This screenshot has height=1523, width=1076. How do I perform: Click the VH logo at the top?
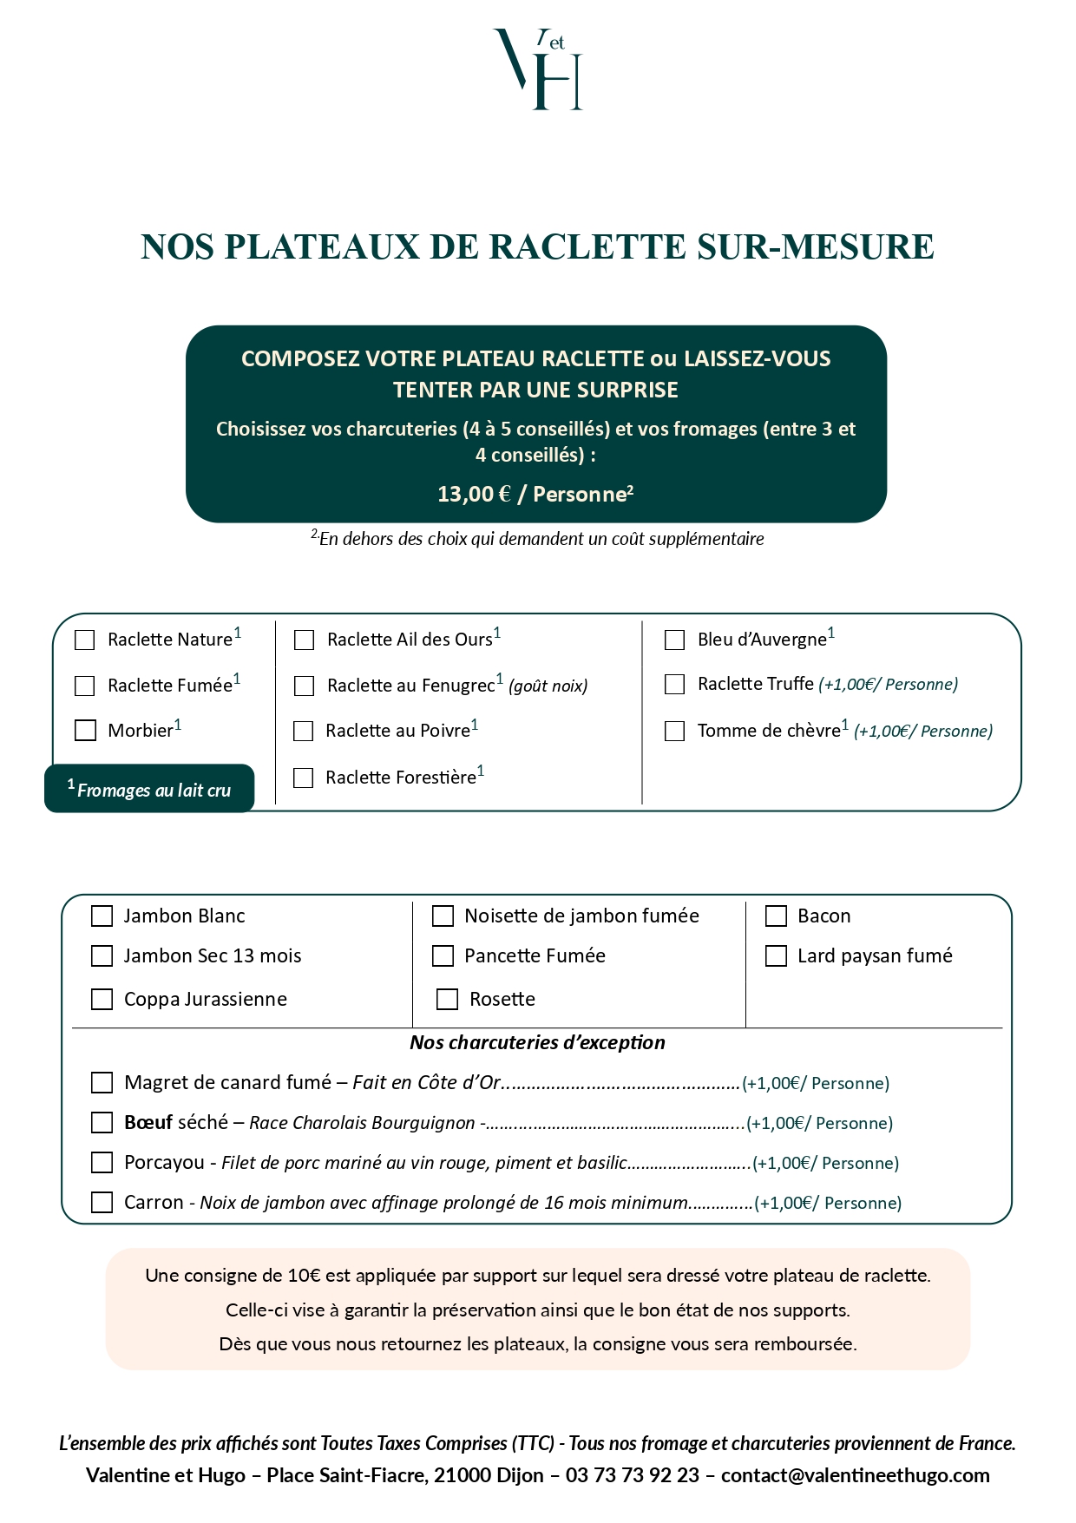(x=538, y=69)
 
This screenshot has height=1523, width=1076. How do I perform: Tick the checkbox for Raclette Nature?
(x=85, y=640)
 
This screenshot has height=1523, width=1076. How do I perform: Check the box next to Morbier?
(x=85, y=731)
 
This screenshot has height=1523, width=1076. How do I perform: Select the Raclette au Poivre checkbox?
(x=304, y=732)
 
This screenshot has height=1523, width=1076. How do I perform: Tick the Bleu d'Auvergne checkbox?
(x=674, y=640)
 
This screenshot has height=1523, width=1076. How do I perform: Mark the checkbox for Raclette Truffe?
(x=674, y=685)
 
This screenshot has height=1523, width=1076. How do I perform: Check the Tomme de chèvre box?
(x=674, y=732)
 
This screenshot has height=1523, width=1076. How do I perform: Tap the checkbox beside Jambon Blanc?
(x=102, y=916)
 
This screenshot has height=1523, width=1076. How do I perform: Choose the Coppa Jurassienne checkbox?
(x=102, y=1000)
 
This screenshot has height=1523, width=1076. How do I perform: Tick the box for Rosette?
(x=447, y=1000)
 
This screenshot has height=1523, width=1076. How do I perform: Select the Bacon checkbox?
(x=776, y=916)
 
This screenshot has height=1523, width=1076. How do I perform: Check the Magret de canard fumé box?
(x=102, y=1083)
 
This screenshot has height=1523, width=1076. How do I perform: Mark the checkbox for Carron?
(x=102, y=1203)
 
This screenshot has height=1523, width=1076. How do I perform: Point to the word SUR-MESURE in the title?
(x=816, y=247)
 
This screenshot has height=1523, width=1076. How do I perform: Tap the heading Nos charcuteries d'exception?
(x=537, y=1043)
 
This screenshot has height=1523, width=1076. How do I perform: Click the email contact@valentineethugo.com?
(x=855, y=1476)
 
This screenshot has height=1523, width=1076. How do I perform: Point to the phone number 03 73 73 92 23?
(x=632, y=1476)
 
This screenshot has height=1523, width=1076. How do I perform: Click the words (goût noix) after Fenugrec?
(x=548, y=686)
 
